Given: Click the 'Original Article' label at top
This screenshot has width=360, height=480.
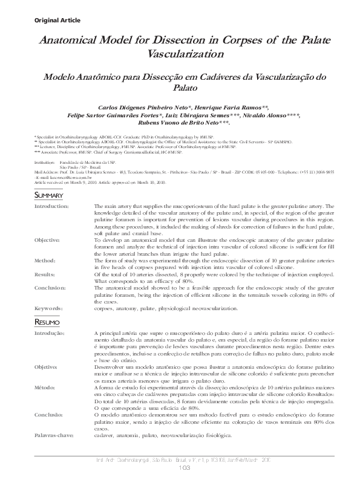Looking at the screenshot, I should point(41,20).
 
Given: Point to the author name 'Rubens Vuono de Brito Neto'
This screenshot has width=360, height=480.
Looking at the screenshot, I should point(179,122).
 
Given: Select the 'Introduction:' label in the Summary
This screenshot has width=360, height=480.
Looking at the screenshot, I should point(51,206).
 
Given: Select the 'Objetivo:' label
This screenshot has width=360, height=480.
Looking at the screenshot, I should point(47,367).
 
